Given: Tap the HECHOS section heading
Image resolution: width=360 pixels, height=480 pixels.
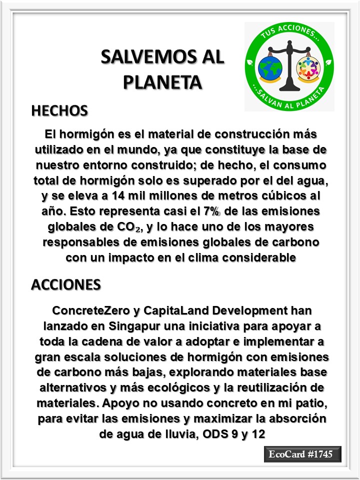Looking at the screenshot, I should (59, 110).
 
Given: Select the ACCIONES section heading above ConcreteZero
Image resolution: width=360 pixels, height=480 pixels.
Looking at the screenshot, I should (65, 284).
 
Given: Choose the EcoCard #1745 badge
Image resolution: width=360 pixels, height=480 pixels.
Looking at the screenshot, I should (302, 454).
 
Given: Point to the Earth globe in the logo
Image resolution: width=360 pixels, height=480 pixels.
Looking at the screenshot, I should (270, 68).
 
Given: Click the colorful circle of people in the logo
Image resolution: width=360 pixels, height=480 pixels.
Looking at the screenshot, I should (308, 68).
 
